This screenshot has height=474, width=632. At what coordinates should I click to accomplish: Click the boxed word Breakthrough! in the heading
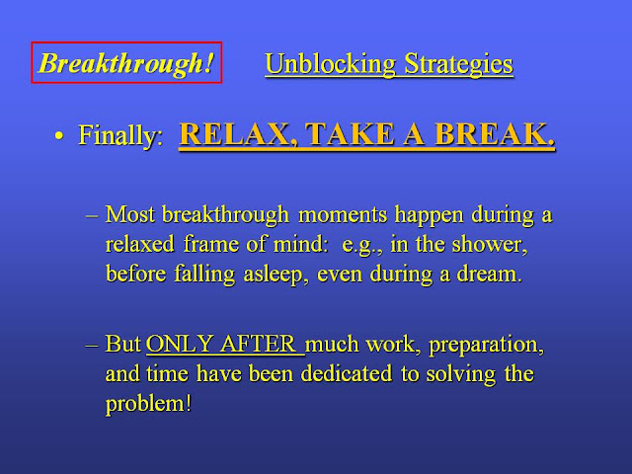126,63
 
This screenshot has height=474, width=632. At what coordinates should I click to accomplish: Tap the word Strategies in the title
458,63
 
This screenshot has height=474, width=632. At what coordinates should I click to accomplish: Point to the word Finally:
120,135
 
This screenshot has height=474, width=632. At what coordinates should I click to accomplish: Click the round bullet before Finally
59,136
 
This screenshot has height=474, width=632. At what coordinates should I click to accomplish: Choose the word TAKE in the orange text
350,133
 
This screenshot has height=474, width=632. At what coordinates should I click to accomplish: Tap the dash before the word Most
92,215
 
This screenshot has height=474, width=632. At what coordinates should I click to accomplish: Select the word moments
343,214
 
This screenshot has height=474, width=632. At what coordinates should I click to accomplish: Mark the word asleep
276,275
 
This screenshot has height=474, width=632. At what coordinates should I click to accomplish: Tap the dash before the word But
92,346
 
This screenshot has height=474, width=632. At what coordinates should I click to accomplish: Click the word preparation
486,345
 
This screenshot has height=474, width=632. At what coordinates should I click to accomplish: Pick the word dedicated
347,373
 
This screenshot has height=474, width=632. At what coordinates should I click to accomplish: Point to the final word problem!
148,404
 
